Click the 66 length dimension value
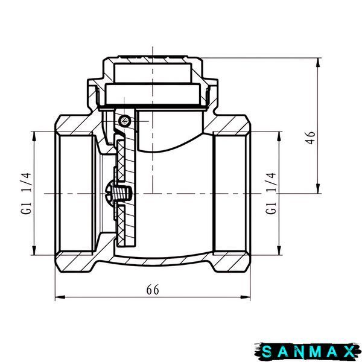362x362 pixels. [x=153, y=290]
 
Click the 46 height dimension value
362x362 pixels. [x=311, y=138]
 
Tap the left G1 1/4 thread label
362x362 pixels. [x=26, y=194]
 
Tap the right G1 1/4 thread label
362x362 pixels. [x=271, y=193]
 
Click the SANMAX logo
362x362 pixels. [x=308, y=352]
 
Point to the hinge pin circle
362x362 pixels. [x=124, y=120]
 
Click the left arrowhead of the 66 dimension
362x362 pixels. [x=60, y=297]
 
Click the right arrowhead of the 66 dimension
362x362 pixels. [x=246, y=297]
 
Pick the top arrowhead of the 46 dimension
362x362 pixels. [x=319, y=63]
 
